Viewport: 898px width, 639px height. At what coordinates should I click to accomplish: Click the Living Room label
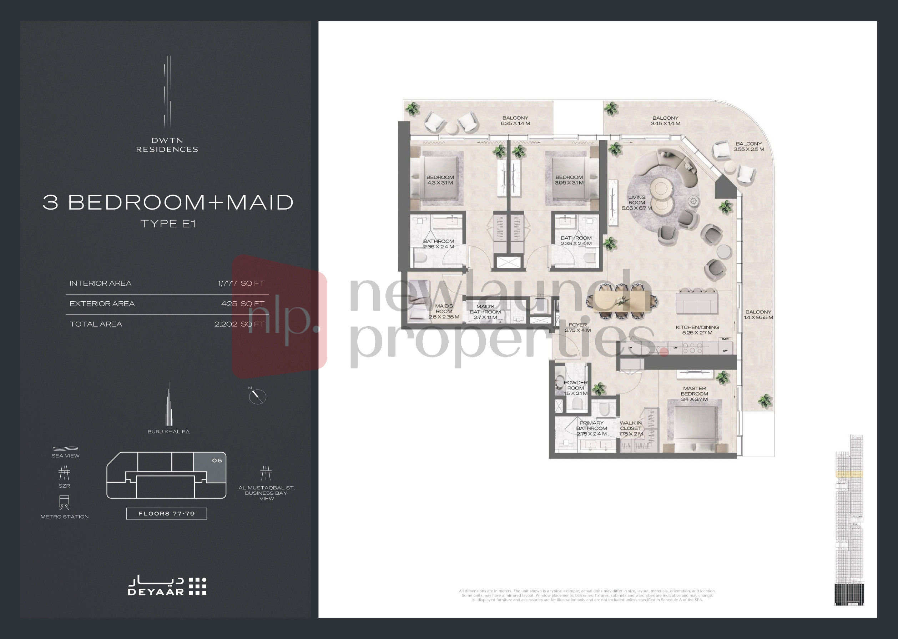click(636, 203)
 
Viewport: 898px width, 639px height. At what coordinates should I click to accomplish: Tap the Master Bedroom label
click(694, 394)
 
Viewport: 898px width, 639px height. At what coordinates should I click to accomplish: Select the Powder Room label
click(575, 388)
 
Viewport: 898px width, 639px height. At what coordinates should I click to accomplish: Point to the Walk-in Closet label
click(631, 428)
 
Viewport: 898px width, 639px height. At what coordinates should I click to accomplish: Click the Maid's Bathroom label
click(485, 312)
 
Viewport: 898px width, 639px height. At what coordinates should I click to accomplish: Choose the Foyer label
click(577, 327)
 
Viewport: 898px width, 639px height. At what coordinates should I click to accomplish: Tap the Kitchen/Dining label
click(697, 330)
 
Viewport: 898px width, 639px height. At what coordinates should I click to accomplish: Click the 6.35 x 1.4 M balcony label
click(515, 120)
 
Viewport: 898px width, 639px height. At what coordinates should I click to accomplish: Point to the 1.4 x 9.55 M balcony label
click(758, 315)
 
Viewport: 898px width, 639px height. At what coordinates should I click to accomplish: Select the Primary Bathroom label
click(591, 428)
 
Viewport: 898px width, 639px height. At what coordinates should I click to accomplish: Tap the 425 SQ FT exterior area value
click(243, 304)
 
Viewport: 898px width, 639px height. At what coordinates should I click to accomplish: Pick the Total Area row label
click(96, 324)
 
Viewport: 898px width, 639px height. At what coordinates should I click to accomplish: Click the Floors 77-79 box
click(166, 513)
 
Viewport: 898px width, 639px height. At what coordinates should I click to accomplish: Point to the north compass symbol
click(258, 396)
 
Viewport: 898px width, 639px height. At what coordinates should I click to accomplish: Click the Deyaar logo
click(167, 586)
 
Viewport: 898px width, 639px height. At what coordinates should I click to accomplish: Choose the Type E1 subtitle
click(168, 223)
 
